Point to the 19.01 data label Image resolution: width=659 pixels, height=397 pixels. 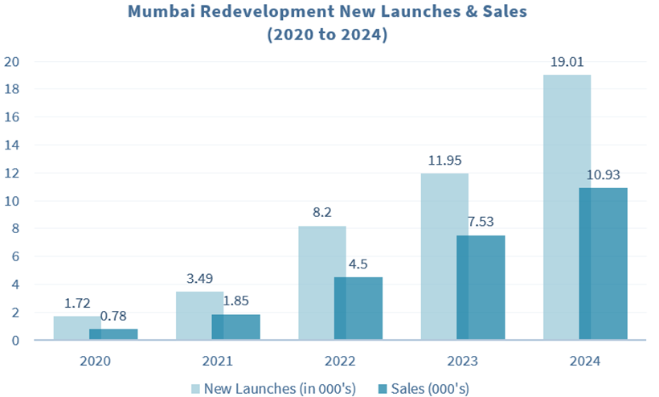tap(567, 61)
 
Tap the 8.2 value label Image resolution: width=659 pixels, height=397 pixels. tap(321, 212)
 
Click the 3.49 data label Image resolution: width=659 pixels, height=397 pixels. tap(199, 278)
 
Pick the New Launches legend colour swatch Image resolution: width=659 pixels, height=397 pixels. tap(196, 389)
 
